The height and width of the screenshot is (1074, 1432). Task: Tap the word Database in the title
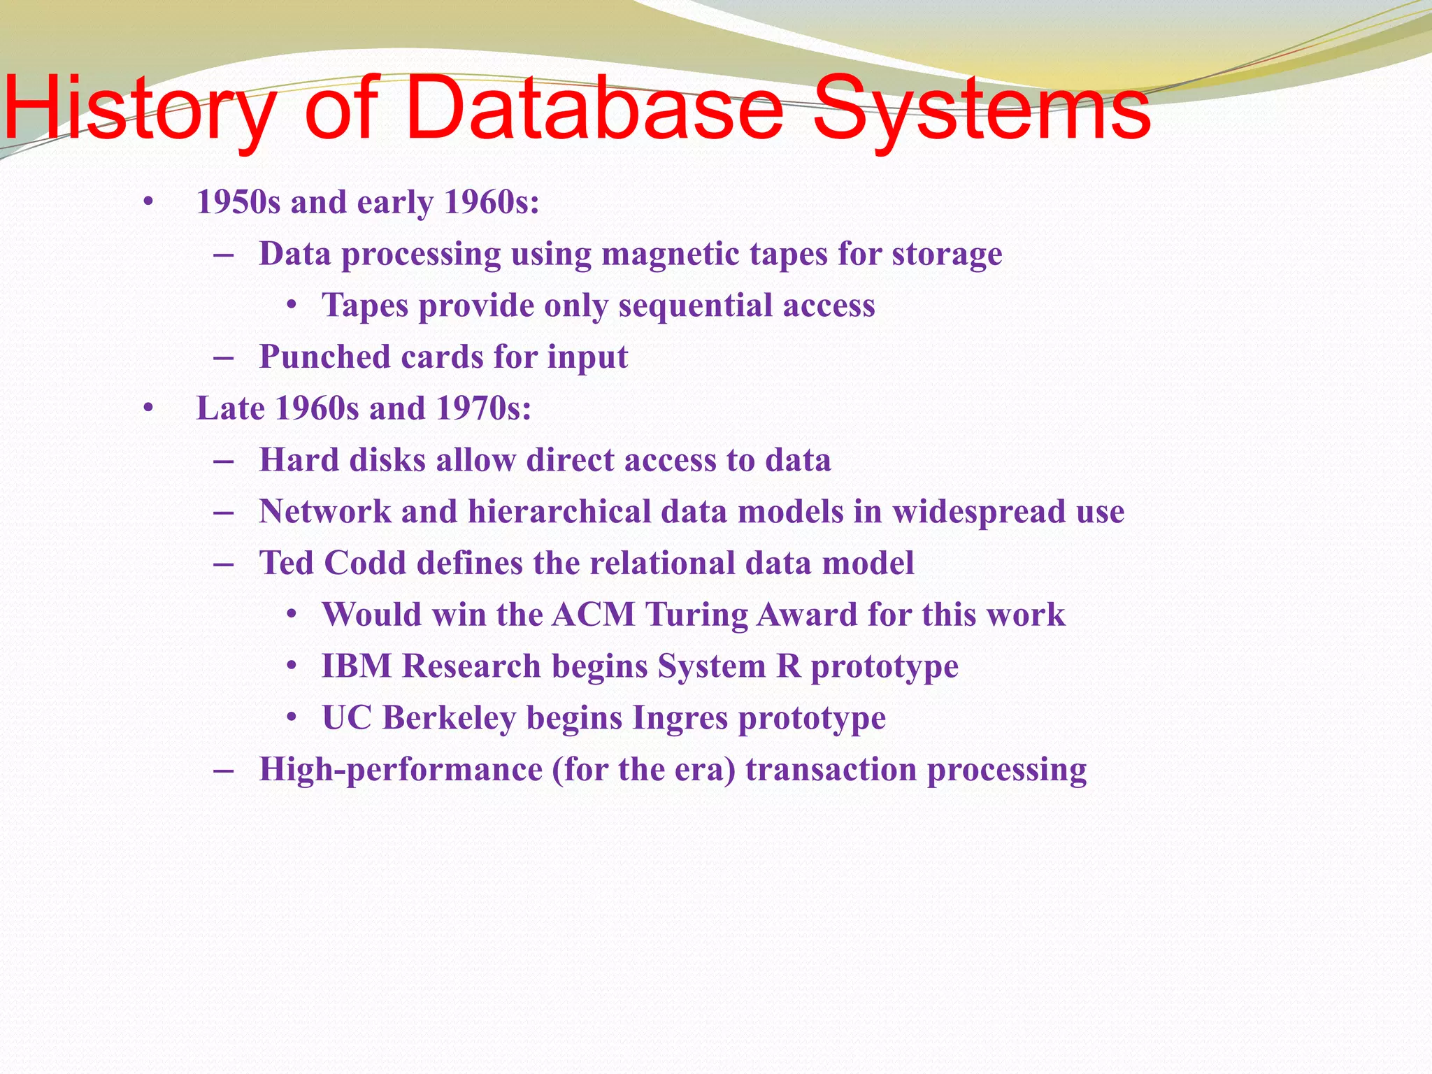(594, 110)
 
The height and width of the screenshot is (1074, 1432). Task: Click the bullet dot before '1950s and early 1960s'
(148, 203)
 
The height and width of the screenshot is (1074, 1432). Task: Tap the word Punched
(324, 357)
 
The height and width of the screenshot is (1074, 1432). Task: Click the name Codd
(364, 563)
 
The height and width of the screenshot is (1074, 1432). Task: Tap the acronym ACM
(593, 615)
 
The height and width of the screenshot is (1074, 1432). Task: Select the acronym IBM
(357, 666)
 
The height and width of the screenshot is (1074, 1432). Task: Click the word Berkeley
(449, 718)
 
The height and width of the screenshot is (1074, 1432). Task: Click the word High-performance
(401, 770)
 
